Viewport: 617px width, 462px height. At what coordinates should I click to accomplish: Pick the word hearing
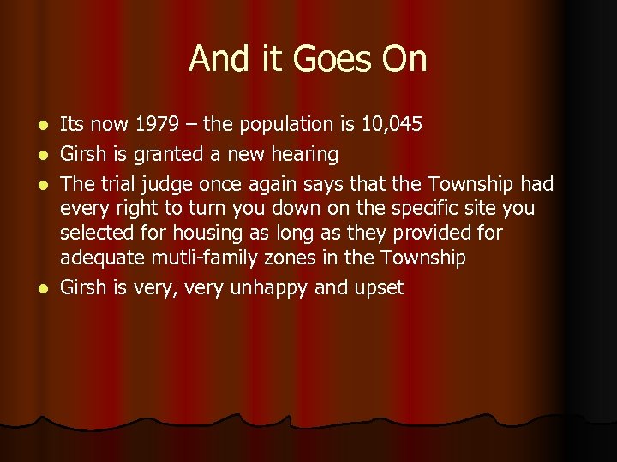304,155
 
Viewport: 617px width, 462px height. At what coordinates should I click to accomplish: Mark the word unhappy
266,288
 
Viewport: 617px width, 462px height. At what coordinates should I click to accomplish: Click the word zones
265,258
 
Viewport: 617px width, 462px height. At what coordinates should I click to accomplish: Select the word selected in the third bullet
93,233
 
